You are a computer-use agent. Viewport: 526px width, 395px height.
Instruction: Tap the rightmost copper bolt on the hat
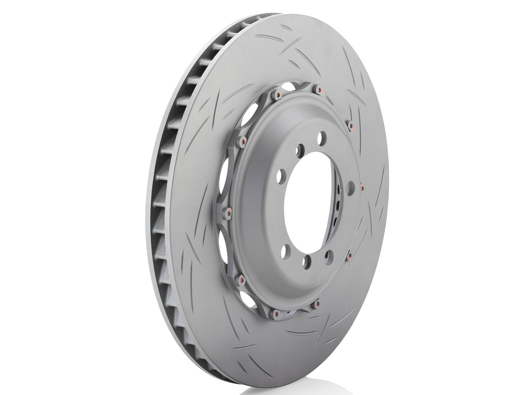click(362, 187)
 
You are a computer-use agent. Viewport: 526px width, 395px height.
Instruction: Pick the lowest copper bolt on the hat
click(274, 315)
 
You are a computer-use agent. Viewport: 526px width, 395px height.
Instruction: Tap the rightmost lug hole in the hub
click(350, 188)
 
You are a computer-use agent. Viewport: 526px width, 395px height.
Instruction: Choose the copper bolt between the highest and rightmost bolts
click(351, 126)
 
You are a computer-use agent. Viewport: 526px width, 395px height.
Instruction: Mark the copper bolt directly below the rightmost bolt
click(349, 255)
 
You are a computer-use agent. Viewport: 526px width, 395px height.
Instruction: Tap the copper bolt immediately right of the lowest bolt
click(316, 302)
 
